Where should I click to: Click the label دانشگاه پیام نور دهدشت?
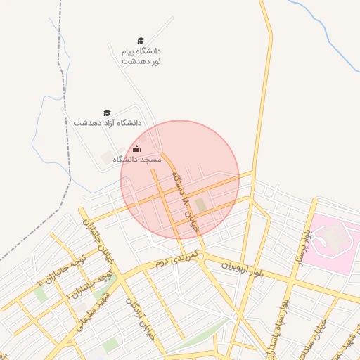pos(141,56)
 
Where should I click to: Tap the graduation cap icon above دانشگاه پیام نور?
pos(141,41)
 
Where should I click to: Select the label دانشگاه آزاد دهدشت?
pos(107,122)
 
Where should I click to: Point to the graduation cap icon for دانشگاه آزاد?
pos(107,112)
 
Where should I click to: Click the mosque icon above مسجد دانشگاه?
pos(136,148)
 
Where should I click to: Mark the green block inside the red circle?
pos(202,205)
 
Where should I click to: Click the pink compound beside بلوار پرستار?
pos(335,239)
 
